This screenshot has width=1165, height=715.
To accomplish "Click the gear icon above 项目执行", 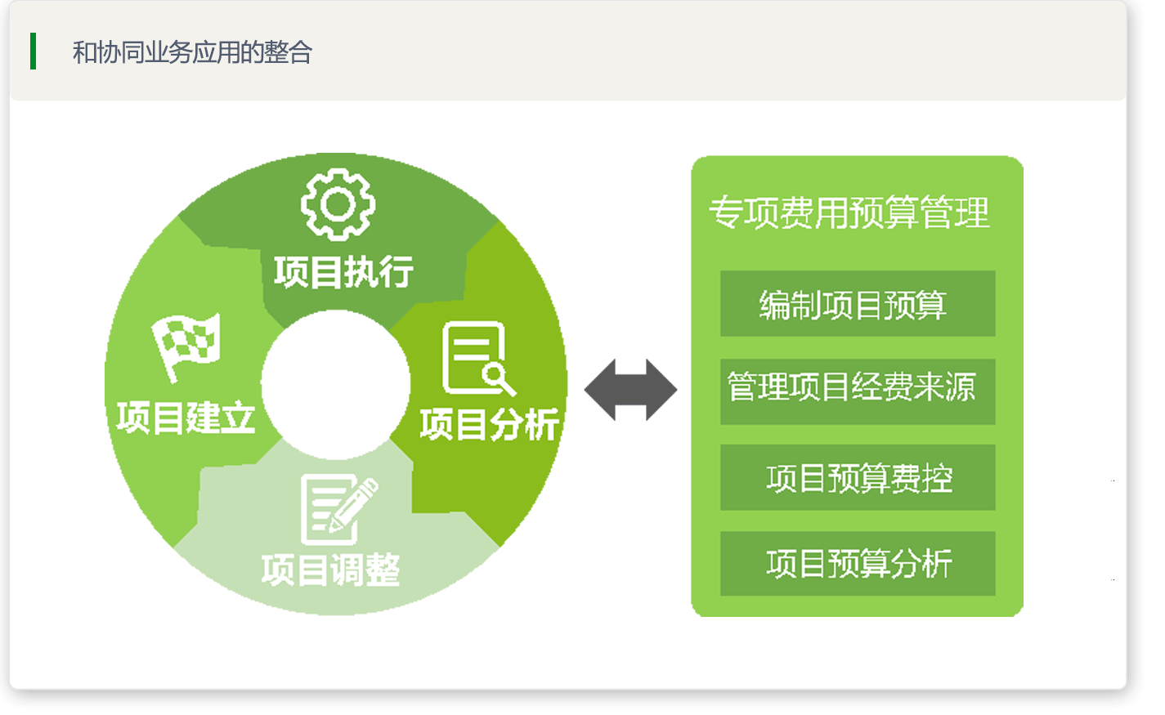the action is [338, 204].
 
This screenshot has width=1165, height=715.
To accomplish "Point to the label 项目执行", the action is [344, 272].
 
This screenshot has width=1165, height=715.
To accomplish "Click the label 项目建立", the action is [186, 418].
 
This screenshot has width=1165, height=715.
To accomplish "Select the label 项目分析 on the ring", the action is [490, 424].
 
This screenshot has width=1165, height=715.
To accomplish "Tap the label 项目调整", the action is [331, 570].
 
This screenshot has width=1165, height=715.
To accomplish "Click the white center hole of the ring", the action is [336, 385].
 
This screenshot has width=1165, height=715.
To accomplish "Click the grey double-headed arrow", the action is [630, 390].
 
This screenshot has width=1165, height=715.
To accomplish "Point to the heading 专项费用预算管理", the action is [849, 212].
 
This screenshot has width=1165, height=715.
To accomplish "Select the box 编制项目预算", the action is [858, 303].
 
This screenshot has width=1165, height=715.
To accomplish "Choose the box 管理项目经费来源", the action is [858, 391].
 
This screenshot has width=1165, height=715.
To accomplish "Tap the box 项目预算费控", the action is [858, 477].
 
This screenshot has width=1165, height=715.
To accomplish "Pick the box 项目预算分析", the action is [858, 564].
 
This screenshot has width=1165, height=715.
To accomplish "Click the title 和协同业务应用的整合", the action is [192, 52].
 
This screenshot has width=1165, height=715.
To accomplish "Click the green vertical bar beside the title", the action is [34, 51].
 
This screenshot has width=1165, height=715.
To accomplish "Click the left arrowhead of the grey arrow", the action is [599, 390].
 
